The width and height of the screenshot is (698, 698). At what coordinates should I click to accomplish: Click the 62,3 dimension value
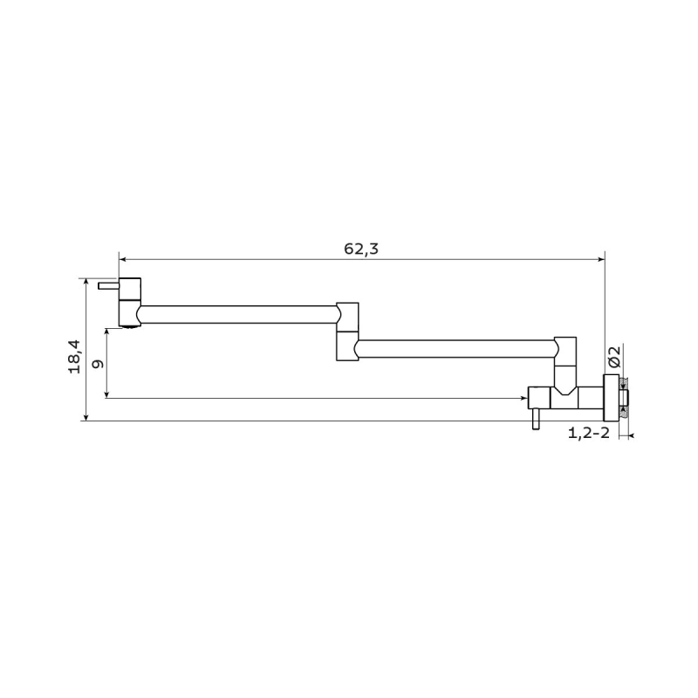click(x=361, y=249)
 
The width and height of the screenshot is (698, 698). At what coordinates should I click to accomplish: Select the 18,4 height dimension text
click(x=74, y=357)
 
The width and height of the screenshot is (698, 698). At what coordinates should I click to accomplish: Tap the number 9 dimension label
click(x=98, y=364)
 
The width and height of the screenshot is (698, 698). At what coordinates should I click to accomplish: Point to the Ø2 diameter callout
click(x=614, y=357)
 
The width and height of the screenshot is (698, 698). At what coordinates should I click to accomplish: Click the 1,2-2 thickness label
click(x=588, y=433)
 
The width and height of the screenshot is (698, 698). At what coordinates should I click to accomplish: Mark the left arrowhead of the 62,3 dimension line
click(x=122, y=259)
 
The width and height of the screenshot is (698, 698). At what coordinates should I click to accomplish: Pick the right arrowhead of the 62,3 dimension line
click(x=601, y=259)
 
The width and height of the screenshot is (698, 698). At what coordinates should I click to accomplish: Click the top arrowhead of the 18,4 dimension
click(x=86, y=283)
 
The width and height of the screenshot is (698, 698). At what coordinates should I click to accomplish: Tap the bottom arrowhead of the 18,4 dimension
click(x=86, y=417)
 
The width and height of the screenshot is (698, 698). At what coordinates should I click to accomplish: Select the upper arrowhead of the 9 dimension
click(x=106, y=332)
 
